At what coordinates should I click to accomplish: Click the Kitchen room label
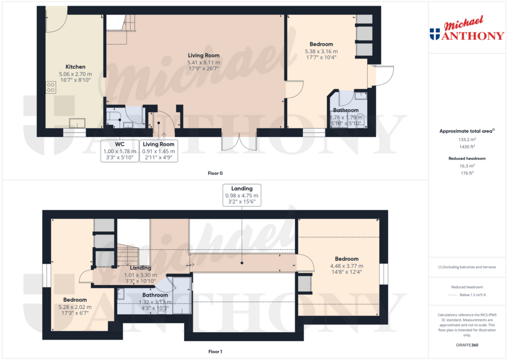(75, 67)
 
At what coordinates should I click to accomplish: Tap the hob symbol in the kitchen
(51, 88)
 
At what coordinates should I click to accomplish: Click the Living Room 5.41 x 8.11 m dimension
(203, 63)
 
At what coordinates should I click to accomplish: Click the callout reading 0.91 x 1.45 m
(158, 151)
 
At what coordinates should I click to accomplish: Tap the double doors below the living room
(239, 142)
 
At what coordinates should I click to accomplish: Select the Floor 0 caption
(215, 173)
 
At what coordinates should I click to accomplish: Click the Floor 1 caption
(215, 352)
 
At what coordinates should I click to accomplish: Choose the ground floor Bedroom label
(321, 44)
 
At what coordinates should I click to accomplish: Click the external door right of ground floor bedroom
(384, 74)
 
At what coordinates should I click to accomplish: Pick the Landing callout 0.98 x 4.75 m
(242, 196)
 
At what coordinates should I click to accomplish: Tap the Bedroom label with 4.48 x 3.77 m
(346, 259)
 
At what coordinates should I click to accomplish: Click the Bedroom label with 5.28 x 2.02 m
(75, 299)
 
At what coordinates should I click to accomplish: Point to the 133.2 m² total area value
(466, 140)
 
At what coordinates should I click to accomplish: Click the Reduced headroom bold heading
(466, 158)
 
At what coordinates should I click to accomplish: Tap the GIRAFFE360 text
(466, 345)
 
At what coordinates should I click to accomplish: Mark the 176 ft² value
(466, 173)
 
